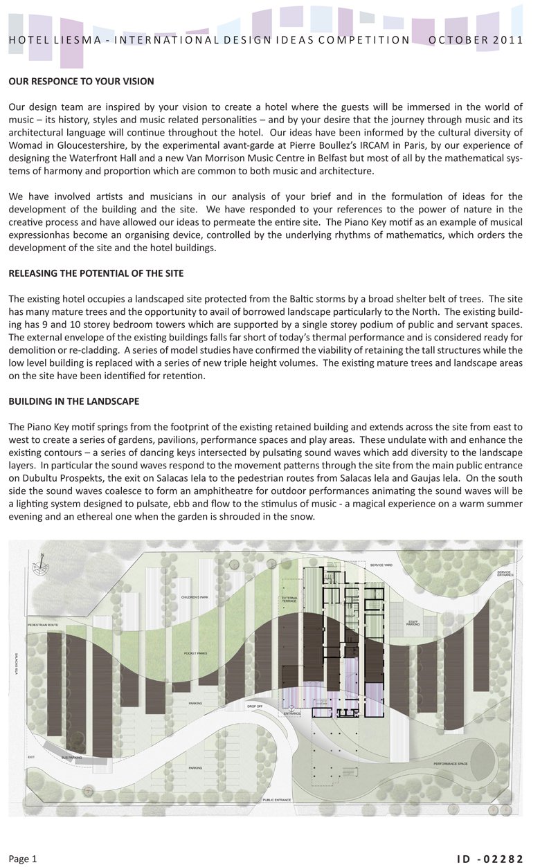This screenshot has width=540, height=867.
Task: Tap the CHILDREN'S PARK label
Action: pos(195,597)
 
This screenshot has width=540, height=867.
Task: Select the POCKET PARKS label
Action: pos(196,652)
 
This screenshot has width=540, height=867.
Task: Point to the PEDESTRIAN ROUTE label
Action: pos(43,625)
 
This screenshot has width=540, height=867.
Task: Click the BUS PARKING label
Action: pos(71,758)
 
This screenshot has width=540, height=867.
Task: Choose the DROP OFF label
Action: pos(255,706)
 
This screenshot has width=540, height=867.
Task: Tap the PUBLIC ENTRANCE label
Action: pos(277,800)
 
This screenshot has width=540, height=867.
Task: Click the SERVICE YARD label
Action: pos(381,565)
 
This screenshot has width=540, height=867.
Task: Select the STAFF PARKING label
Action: pos(413,623)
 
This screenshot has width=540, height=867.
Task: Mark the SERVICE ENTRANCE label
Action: pos(503,574)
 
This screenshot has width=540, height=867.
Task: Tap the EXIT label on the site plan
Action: pos(31,757)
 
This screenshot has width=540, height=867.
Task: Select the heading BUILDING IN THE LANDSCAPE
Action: pos(74,401)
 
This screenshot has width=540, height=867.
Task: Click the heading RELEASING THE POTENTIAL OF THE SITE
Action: pos(96,273)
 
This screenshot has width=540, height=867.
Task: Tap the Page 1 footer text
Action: pos(22,859)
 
